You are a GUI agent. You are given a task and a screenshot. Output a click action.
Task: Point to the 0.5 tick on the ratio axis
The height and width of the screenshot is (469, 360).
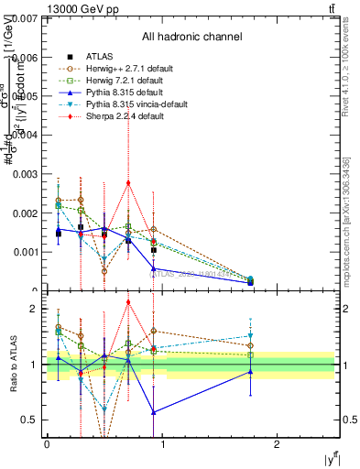click(31, 420)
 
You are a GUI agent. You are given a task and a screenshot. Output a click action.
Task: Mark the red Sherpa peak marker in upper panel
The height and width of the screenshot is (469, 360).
click(128, 182)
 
